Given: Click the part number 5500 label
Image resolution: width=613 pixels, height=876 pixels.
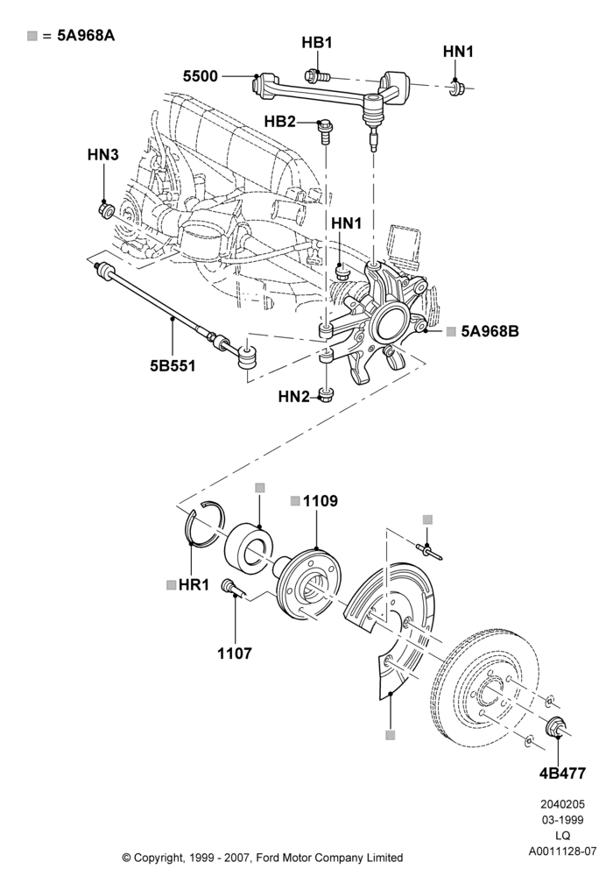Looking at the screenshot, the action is tap(201, 76).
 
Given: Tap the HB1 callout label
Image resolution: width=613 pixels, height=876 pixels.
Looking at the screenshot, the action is tap(316, 42).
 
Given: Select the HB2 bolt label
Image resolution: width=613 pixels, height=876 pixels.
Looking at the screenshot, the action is tap(279, 121).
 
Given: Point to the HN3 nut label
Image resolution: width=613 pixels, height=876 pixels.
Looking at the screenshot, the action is tap(103, 155).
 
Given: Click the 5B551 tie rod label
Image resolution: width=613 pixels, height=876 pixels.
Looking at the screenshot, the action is tap(173, 366).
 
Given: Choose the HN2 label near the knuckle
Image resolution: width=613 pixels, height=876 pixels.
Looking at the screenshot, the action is tap(293, 397).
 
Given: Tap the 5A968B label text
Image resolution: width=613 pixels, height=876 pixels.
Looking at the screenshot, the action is tap(490, 331).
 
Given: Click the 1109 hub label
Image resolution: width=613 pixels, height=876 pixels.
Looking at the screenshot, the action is tap(321, 501).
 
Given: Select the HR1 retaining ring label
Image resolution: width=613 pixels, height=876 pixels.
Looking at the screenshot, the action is tap(194, 585).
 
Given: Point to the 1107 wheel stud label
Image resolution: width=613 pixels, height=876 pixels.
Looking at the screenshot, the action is tap(235, 653).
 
